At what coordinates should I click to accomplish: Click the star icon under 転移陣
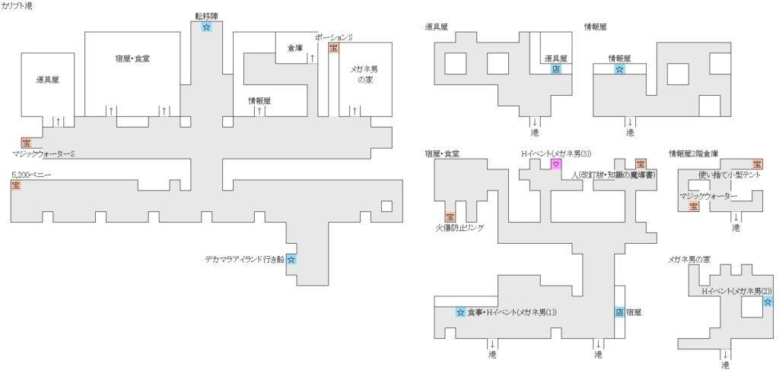click(206, 27)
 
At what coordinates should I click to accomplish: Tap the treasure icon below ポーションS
click(333, 48)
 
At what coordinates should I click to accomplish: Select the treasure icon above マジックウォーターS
click(27, 142)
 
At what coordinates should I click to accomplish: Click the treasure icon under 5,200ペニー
click(16, 186)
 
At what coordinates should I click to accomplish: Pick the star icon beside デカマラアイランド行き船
click(291, 260)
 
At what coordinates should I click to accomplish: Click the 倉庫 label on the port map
click(295, 48)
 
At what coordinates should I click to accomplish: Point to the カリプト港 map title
click(17, 5)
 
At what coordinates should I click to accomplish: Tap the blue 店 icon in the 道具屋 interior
click(556, 68)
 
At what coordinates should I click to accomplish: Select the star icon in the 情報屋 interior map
click(619, 68)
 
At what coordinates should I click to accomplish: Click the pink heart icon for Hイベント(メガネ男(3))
click(556, 164)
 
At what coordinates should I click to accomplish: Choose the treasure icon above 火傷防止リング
click(450, 217)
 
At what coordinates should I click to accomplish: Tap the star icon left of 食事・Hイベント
click(460, 312)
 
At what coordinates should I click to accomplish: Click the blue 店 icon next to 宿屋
click(618, 312)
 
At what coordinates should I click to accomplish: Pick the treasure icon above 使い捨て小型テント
click(757, 164)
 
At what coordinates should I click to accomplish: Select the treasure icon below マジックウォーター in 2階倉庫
click(693, 206)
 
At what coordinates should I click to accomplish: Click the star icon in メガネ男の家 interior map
click(768, 302)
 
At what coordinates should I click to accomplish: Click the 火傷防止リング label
click(459, 227)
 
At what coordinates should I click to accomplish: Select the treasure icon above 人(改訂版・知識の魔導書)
click(641, 164)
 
